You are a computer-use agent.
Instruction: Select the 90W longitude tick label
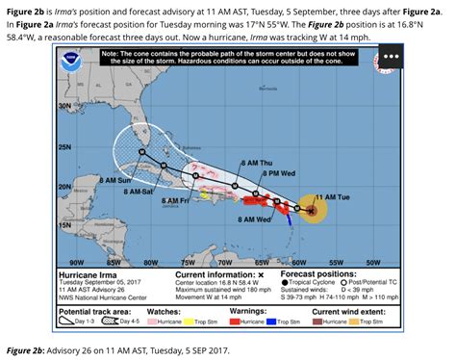tap(78, 261)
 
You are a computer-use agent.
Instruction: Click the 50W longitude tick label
tap(374, 261)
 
